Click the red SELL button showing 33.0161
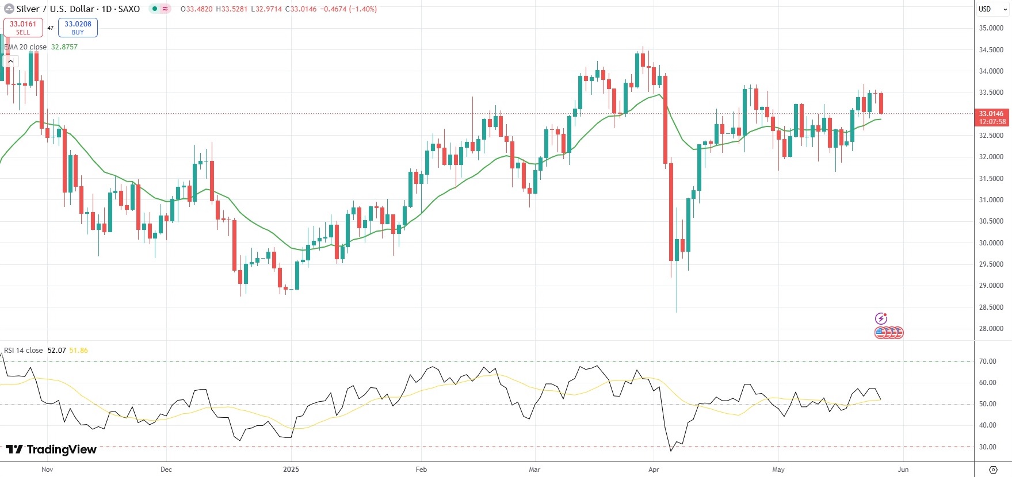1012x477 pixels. [x=23, y=28]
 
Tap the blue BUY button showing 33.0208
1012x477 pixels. [x=78, y=28]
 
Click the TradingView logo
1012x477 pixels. [x=51, y=449]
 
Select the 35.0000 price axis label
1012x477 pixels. [x=991, y=28]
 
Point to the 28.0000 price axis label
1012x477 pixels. [x=991, y=329]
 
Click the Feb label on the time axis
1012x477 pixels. [x=421, y=470]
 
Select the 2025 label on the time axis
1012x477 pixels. [x=291, y=470]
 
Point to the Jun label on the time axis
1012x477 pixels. [x=903, y=470]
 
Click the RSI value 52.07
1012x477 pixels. [x=56, y=351]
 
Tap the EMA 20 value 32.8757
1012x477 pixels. [x=64, y=47]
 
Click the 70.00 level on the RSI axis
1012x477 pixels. [x=988, y=361]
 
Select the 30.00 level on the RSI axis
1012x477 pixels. [x=988, y=447]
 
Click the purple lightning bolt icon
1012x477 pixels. [x=881, y=318]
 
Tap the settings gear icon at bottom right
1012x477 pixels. [x=993, y=470]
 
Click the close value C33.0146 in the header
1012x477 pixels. [x=301, y=9]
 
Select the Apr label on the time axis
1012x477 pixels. [x=654, y=470]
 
